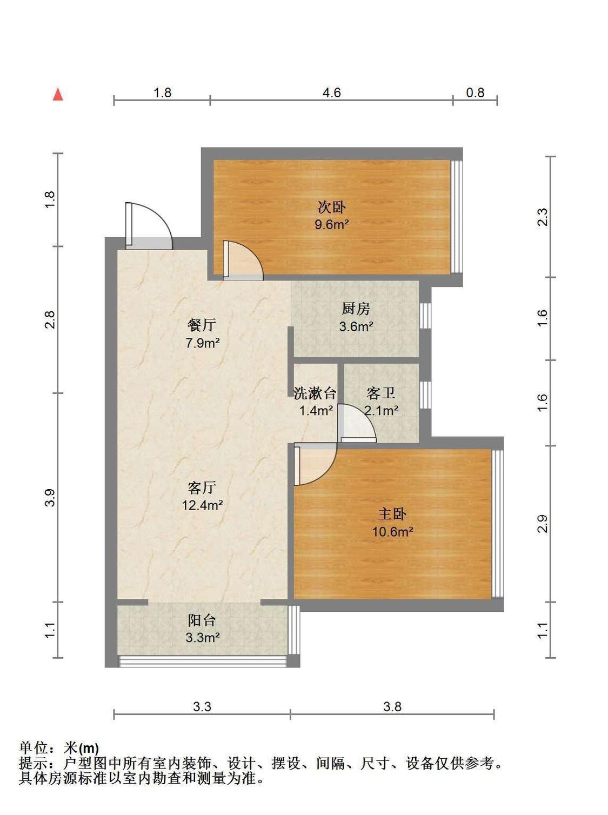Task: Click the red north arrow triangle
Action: click(x=58, y=95)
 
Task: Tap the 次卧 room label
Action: click(x=331, y=207)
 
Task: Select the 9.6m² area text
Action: click(x=332, y=224)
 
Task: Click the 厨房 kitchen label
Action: click(x=356, y=309)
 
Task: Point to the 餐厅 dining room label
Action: click(x=202, y=325)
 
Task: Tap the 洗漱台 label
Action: click(x=315, y=393)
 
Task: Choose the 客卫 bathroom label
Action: click(x=381, y=393)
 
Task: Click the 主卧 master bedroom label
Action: click(x=392, y=515)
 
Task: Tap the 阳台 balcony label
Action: click(x=202, y=620)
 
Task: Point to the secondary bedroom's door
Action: click(x=243, y=260)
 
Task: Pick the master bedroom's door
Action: click(x=315, y=464)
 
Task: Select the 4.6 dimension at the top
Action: click(x=331, y=92)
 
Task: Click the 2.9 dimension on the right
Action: click(x=542, y=524)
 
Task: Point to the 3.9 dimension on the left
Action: click(x=50, y=498)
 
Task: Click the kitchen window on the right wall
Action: click(x=426, y=316)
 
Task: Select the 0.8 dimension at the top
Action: click(x=475, y=92)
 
